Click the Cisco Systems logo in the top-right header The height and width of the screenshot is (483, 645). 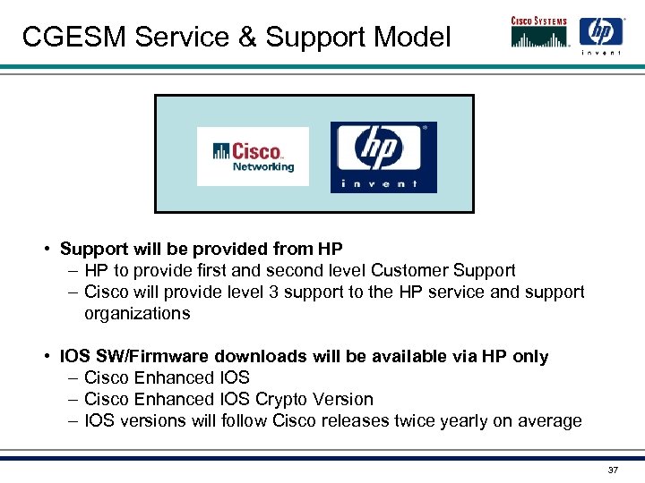pos(540,32)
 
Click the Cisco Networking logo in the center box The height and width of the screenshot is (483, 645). pos(253,156)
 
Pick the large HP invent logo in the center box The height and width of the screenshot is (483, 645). pos(383,157)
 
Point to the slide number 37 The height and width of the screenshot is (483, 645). pos(613,470)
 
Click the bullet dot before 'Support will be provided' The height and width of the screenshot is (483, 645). pos(45,249)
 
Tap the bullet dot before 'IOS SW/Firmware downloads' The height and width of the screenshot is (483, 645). pos(45,357)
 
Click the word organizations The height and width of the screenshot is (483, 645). pos(137,313)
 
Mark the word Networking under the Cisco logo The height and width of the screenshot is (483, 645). pos(263,167)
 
